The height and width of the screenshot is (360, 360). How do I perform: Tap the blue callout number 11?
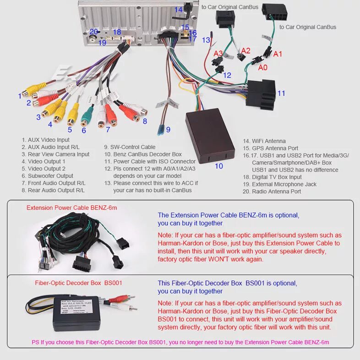click(x=281, y=93)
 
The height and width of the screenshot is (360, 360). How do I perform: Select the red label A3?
click(x=218, y=54)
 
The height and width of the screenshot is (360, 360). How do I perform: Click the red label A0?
click(x=263, y=68)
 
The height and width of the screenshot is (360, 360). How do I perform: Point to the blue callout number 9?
click(x=168, y=130)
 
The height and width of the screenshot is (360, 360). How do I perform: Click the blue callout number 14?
click(x=178, y=10)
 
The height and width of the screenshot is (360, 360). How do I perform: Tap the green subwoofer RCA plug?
click(x=85, y=119)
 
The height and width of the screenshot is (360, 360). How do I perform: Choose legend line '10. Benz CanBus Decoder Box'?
click(x=147, y=154)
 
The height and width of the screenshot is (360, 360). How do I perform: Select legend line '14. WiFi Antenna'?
click(x=264, y=141)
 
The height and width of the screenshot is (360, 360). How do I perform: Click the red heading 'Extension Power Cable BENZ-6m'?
click(x=72, y=207)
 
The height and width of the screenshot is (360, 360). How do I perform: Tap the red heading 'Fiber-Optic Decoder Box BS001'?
click(x=79, y=283)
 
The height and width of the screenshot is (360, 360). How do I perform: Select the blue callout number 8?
click(x=145, y=121)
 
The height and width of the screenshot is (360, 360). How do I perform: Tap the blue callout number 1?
click(x=20, y=96)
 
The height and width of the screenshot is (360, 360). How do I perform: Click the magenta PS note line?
click(x=180, y=342)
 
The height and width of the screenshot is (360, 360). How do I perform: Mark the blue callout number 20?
click(x=93, y=32)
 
